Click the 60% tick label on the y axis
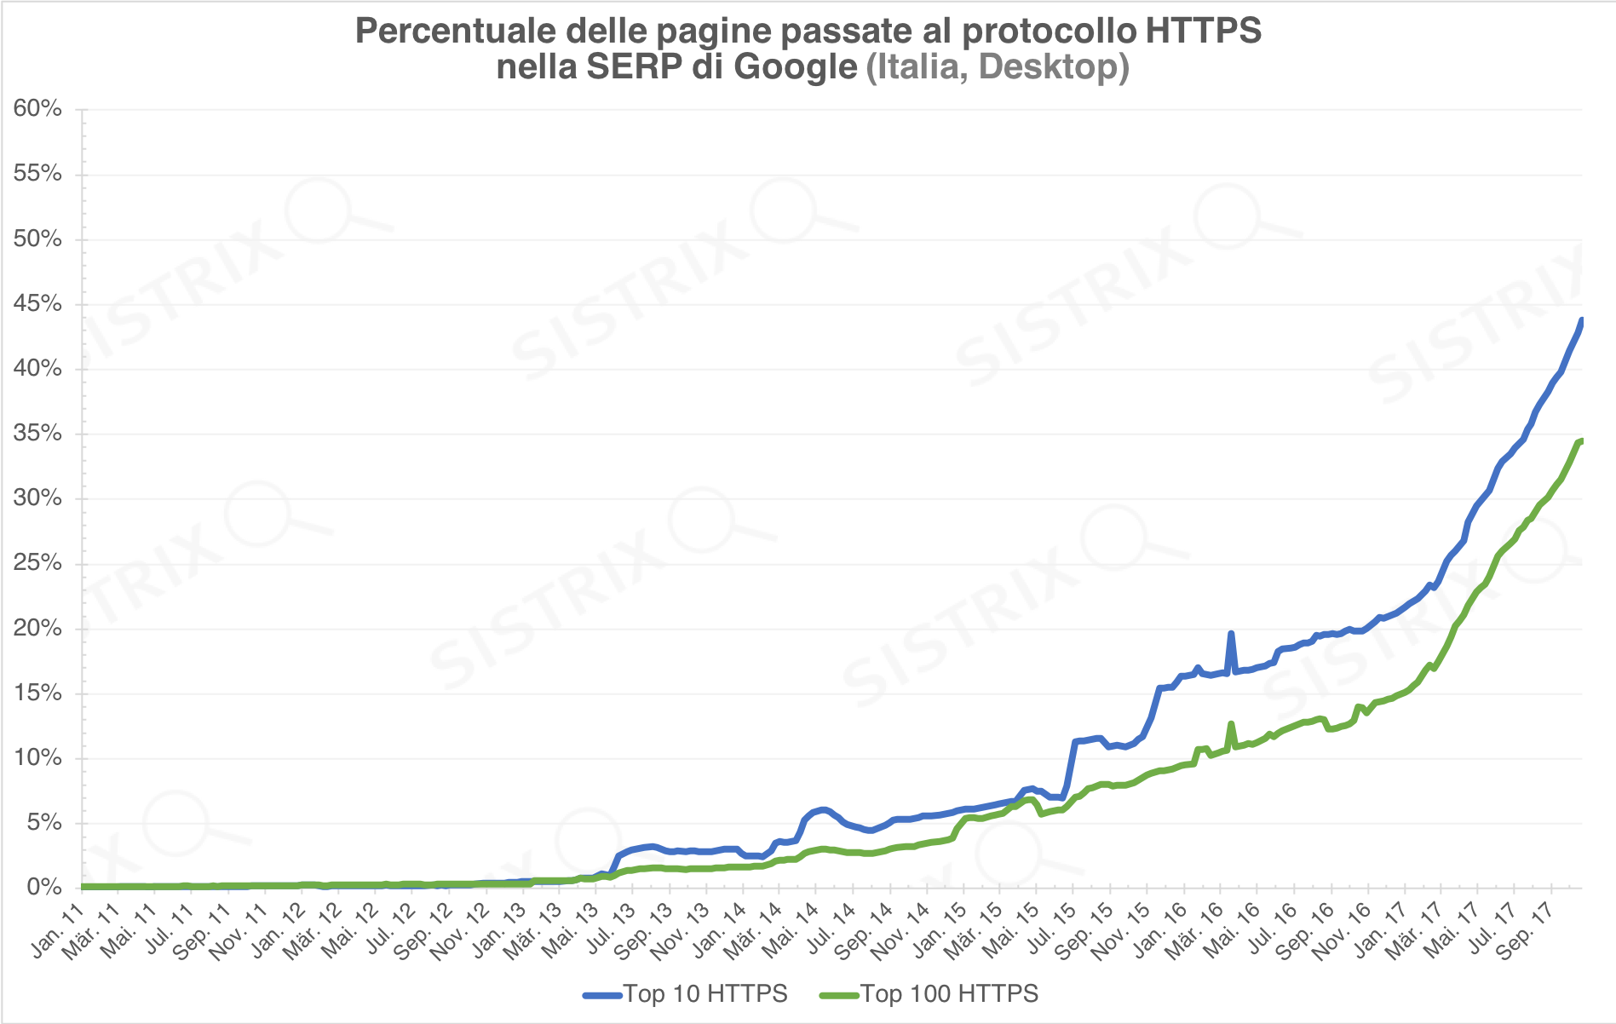(37, 109)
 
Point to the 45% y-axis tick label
(37, 304)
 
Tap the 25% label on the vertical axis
(37, 563)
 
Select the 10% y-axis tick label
(37, 758)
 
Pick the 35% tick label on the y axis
(37, 434)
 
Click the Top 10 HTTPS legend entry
(686, 994)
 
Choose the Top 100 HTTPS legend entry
(929, 994)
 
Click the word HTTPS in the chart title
(1203, 31)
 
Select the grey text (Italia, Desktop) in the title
(998, 66)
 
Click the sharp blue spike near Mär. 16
(1230, 634)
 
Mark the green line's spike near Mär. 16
(1231, 724)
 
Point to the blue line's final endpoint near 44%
(1581, 320)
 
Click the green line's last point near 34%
(1581, 440)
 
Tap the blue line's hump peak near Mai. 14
(822, 809)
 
